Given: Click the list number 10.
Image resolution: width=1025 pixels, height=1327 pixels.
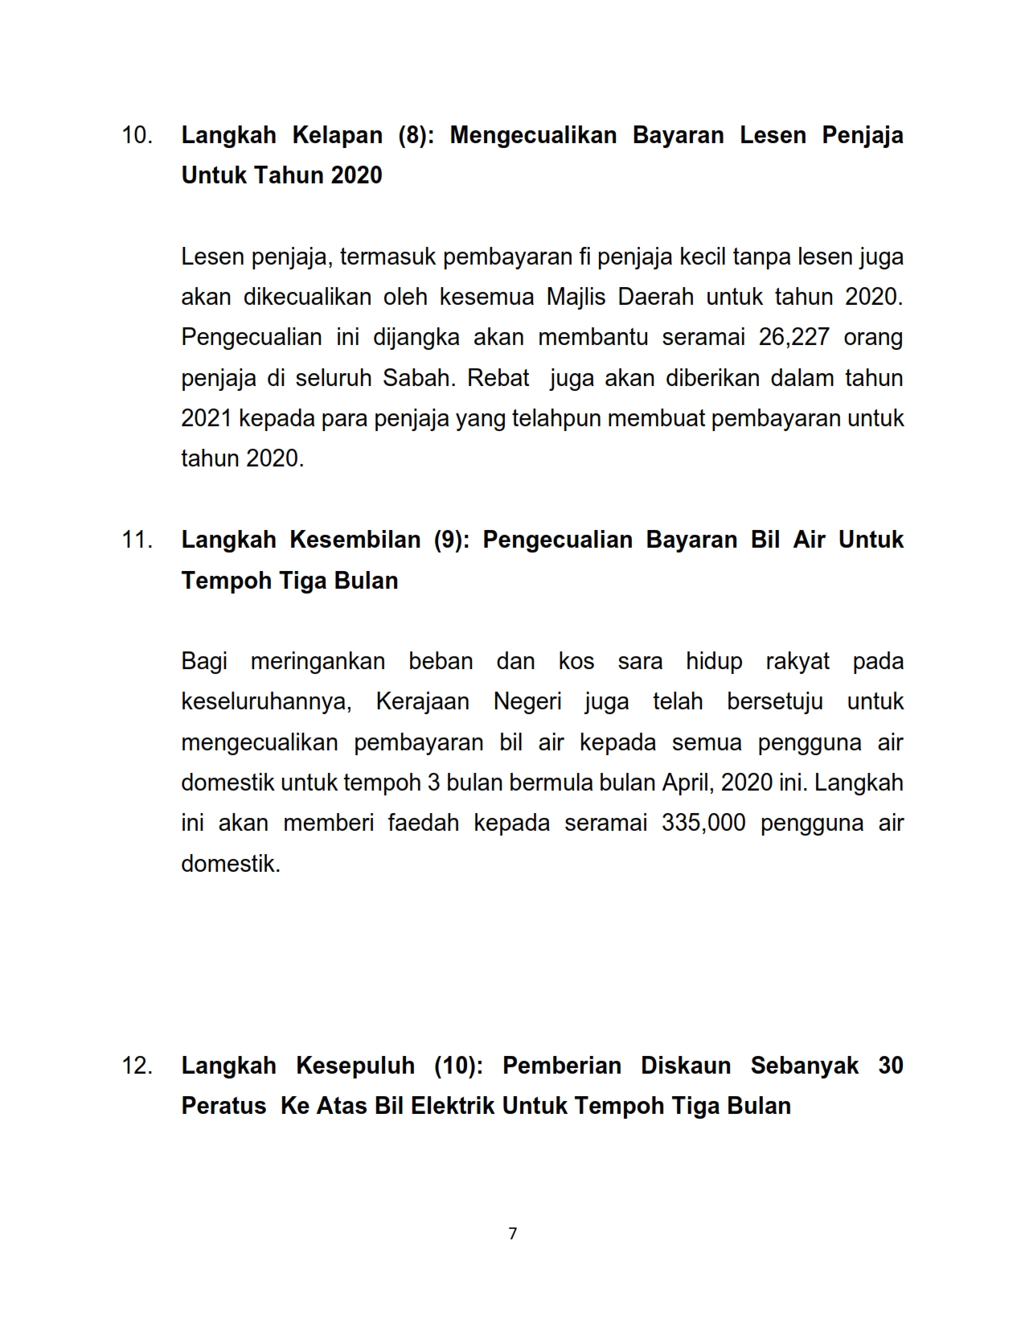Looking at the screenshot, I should (137, 135).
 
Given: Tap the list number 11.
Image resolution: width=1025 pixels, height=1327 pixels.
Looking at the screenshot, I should (137, 540).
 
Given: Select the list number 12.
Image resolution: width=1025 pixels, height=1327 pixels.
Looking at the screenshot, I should (137, 1066).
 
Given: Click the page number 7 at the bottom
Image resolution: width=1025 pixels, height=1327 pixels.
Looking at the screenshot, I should (513, 1233).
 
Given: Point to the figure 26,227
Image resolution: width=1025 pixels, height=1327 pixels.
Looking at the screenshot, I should (793, 337).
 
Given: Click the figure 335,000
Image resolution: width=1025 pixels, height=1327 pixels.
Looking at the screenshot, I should (703, 823).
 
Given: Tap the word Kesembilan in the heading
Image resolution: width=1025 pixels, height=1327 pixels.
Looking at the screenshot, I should (355, 540).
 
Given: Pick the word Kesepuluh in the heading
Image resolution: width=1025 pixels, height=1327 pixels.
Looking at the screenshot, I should (355, 1066).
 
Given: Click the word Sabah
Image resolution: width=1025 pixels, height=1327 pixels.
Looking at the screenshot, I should (416, 378).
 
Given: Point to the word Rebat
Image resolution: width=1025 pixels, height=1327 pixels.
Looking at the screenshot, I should (498, 378).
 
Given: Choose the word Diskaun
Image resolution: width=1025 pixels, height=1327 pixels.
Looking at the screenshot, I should (685, 1066).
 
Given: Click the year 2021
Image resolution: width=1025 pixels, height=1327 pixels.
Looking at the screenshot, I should (207, 418).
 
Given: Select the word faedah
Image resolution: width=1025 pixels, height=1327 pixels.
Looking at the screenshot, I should (423, 823).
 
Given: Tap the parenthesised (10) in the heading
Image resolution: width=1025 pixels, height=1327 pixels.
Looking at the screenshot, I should (458, 1066).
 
